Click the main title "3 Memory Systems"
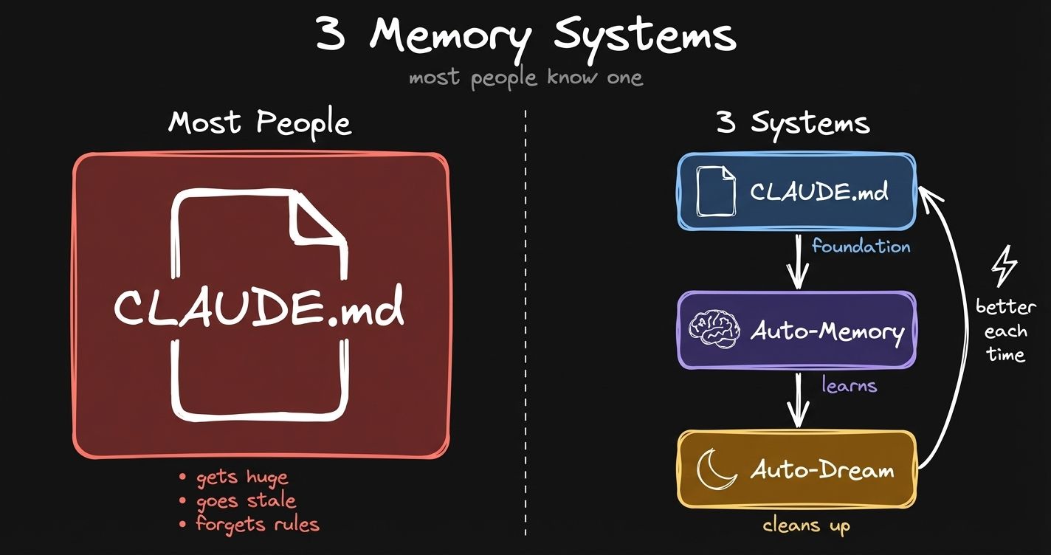click(525, 35)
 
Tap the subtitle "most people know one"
click(525, 77)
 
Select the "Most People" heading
click(260, 123)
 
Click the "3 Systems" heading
click(793, 123)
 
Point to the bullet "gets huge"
click(241, 478)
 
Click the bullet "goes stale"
click(245, 500)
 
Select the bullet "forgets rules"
click(257, 524)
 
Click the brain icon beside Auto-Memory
click(714, 330)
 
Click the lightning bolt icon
click(1004, 267)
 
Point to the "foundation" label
click(861, 246)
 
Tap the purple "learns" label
click(849, 385)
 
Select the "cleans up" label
click(806, 525)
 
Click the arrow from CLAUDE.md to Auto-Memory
click(797, 262)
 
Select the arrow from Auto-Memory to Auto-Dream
click(797, 401)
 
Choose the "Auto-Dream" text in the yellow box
click(821, 469)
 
